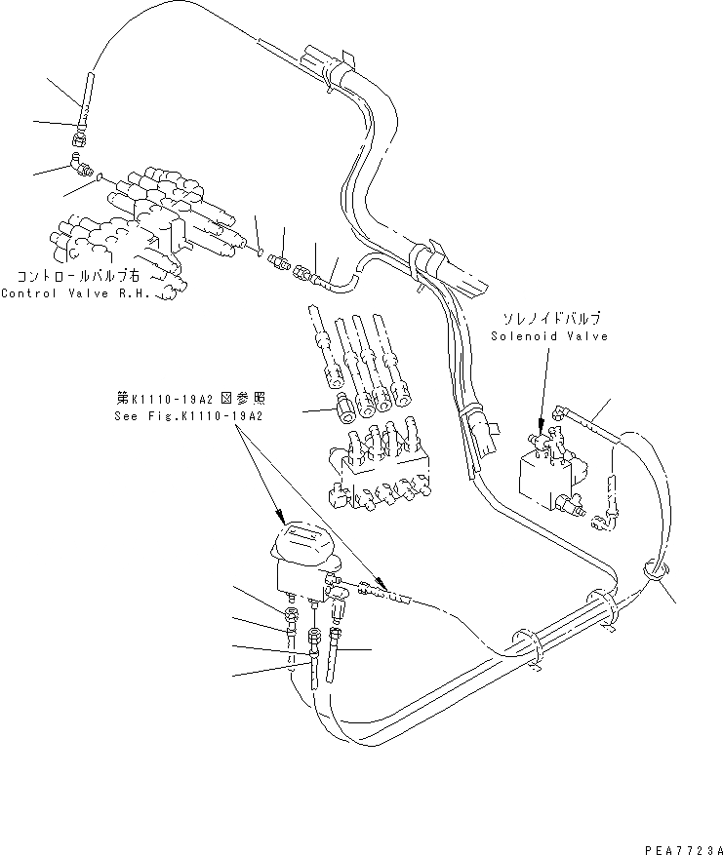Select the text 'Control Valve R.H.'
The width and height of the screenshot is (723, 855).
tap(76, 292)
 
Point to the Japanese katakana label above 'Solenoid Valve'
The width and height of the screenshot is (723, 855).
tap(551, 319)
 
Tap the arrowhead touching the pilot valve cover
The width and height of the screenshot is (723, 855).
tap(281, 523)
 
